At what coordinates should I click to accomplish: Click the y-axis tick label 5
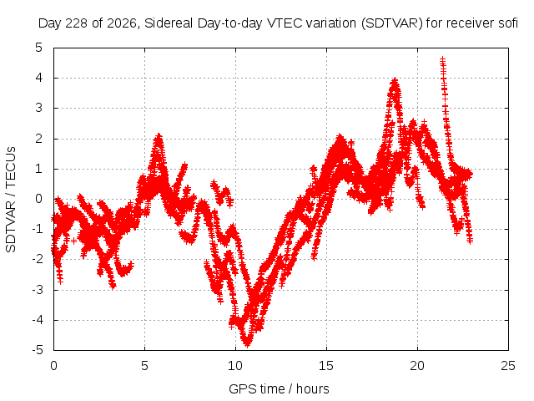point(39,48)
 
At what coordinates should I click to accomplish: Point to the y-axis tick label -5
point(38,350)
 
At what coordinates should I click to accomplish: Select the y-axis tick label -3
point(38,290)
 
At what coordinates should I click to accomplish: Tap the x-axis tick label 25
point(508,366)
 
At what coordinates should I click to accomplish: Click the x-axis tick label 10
point(235,366)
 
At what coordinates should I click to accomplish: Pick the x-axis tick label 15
point(326,366)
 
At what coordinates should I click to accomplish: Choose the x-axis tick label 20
point(417,366)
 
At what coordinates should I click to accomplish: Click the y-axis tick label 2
point(39,139)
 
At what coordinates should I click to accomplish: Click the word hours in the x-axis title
point(312,388)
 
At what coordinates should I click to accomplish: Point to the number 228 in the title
point(76,23)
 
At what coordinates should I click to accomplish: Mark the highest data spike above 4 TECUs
point(442,60)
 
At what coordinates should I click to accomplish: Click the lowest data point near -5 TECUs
point(247,343)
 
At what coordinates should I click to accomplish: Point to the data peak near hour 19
point(395,81)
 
